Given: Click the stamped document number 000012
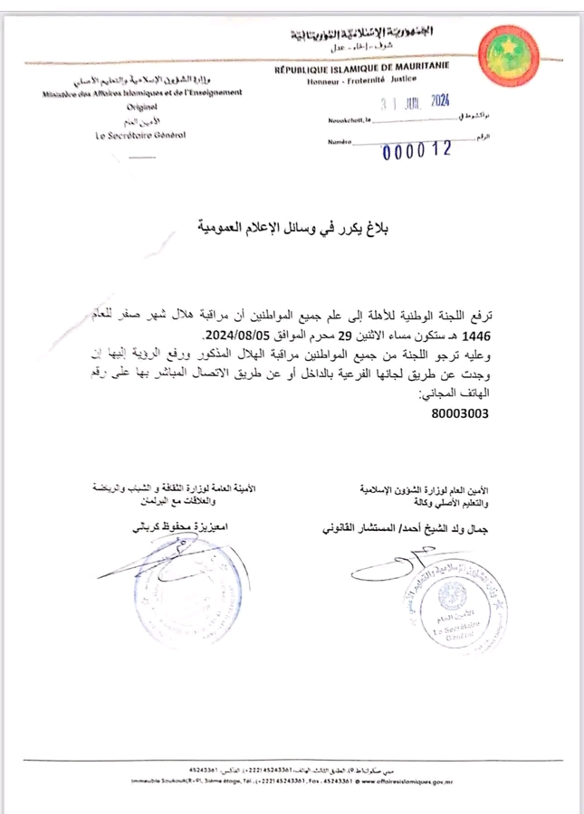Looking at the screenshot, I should [x=416, y=150].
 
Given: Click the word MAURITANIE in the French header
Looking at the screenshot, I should [x=416, y=68].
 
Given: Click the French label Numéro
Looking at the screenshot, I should [x=340, y=143].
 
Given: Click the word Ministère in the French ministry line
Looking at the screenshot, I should [x=62, y=93].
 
